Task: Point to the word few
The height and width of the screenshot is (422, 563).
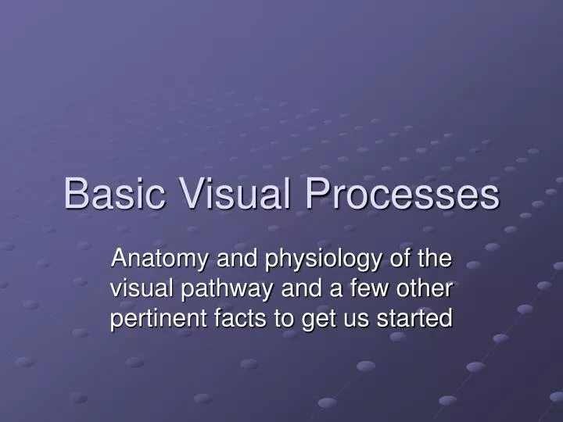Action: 373,288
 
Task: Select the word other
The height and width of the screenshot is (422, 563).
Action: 427,288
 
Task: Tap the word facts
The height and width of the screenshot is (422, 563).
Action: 232,318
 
